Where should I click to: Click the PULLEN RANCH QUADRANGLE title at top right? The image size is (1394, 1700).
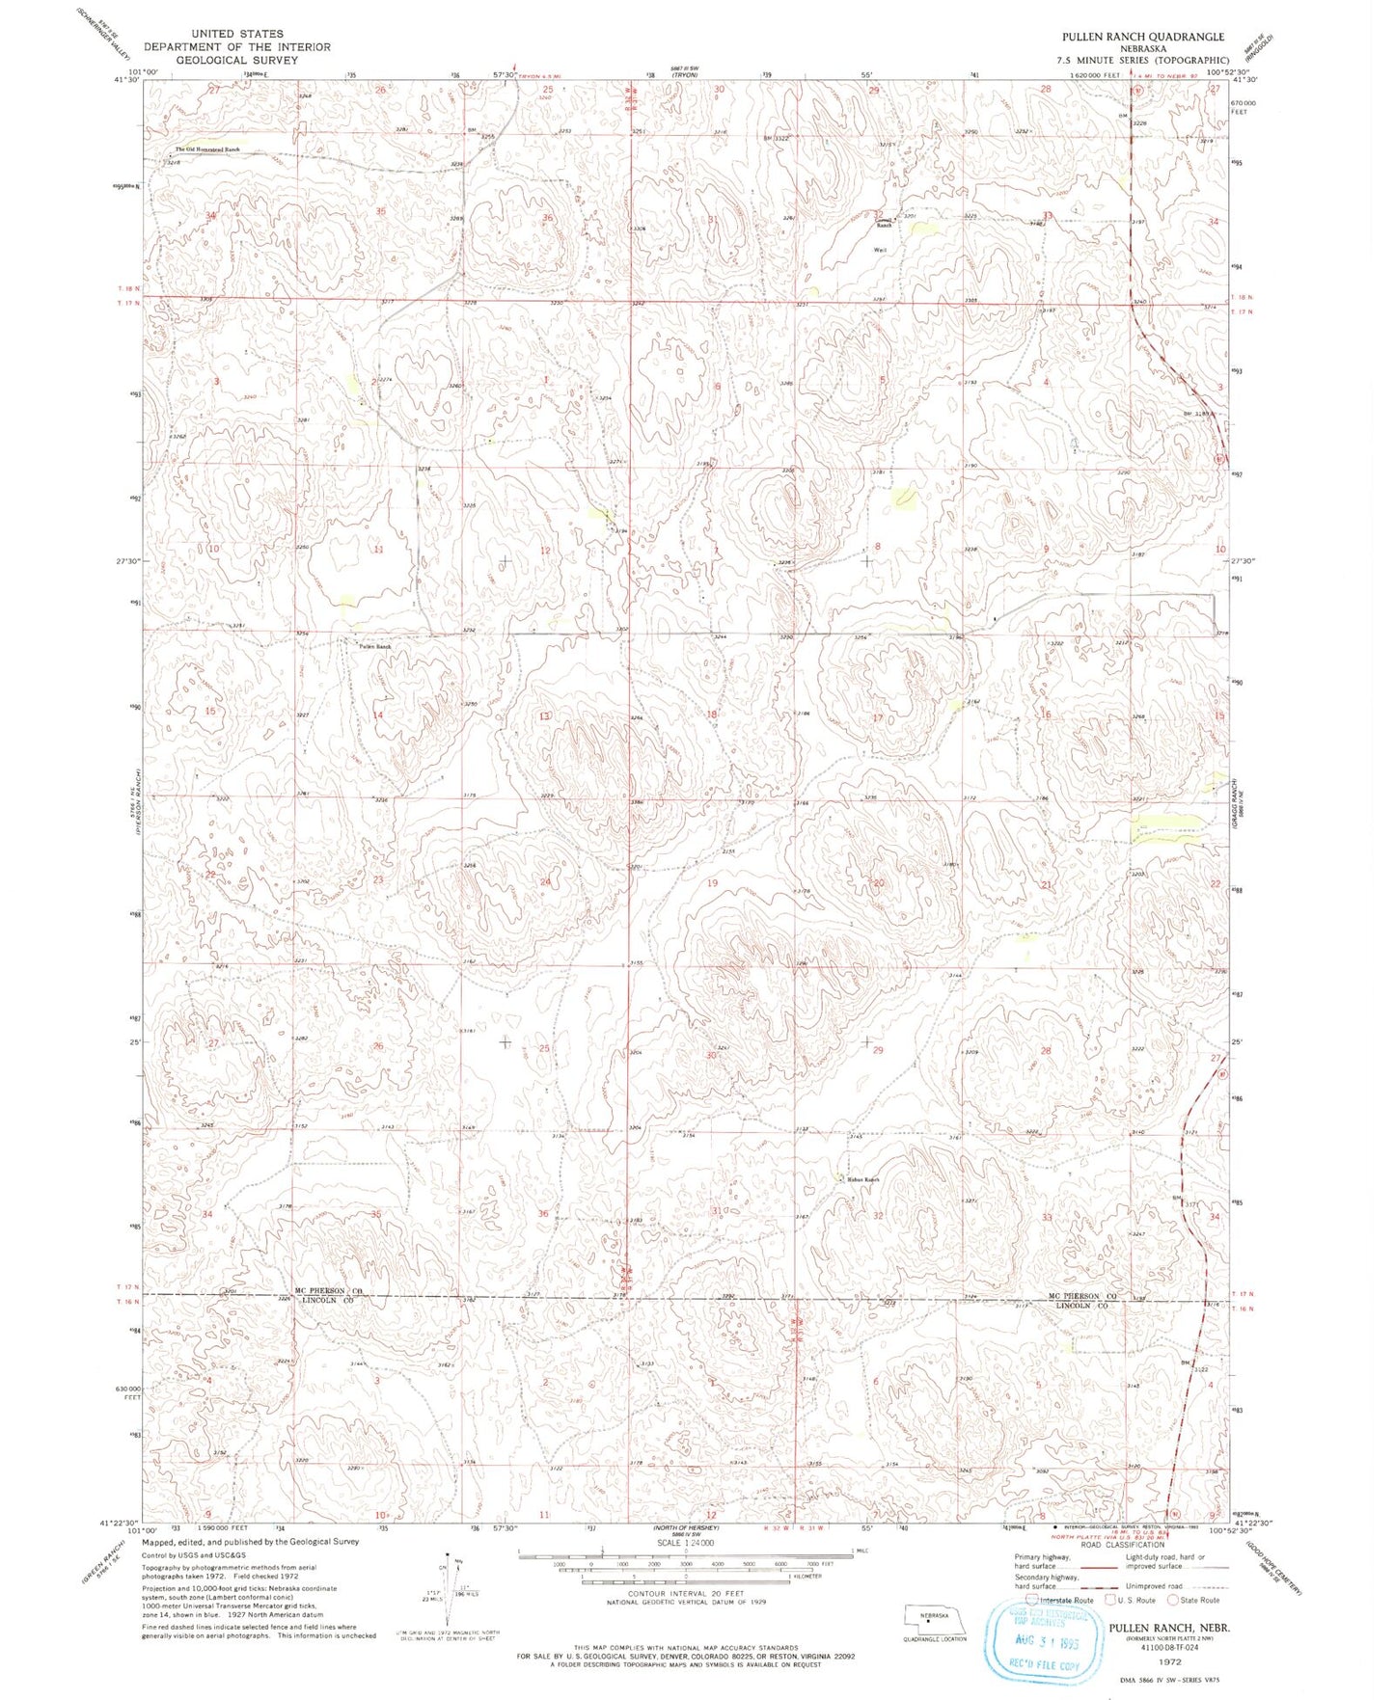click(1143, 37)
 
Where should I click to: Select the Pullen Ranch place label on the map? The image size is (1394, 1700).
click(375, 646)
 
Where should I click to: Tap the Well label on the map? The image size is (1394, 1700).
click(879, 250)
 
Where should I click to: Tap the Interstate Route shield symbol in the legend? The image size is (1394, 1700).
click(1034, 1600)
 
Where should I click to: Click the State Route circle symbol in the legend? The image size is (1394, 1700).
click(1173, 1600)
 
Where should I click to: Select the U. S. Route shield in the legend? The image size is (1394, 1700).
click(1110, 1600)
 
